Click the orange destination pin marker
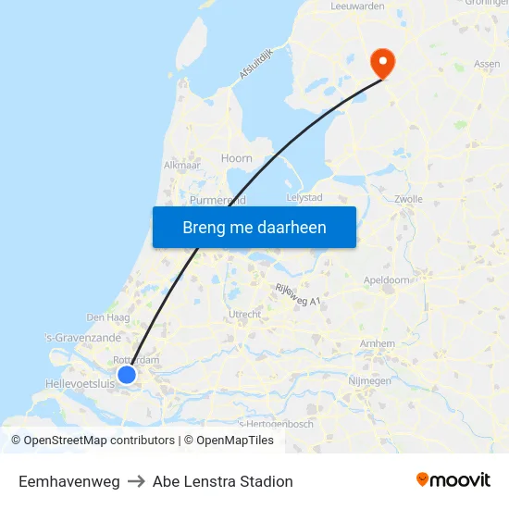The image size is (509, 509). click(381, 62)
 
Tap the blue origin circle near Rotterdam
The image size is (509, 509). click(127, 374)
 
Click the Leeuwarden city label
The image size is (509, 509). click(357, 6)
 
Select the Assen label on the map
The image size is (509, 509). click(487, 64)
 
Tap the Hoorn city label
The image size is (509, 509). click(237, 158)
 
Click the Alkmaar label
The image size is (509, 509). click(181, 165)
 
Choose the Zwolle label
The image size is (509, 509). click(408, 199)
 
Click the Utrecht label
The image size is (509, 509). click(245, 315)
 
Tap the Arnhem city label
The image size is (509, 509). click(378, 343)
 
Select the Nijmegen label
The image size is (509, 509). click(369, 380)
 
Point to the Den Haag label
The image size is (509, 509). click(101, 317)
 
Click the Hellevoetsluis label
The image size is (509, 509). click(80, 382)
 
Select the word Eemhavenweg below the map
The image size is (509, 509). click(68, 481)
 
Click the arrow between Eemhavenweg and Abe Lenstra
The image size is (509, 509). click(136, 481)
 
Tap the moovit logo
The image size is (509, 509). click(453, 479)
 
